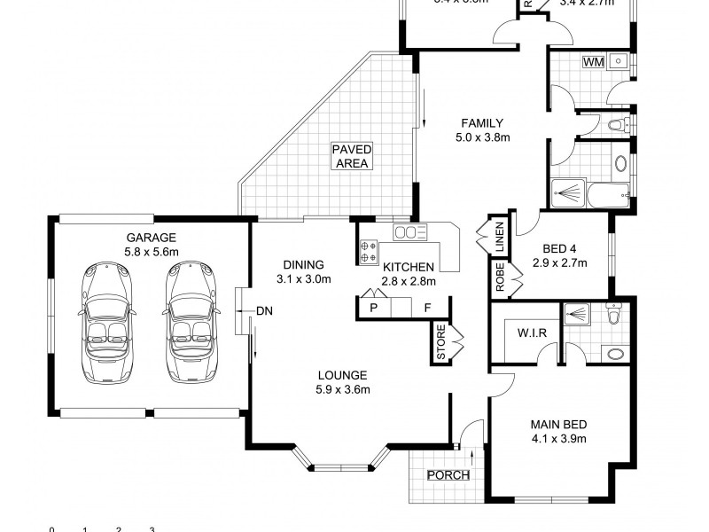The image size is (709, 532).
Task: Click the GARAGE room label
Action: (x=151, y=238)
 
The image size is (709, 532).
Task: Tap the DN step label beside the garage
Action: (x=264, y=310)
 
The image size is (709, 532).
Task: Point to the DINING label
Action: (x=303, y=264)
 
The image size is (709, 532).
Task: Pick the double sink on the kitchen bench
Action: (x=411, y=233)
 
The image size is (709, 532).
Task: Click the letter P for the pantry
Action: (x=374, y=308)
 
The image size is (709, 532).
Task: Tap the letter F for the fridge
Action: (x=427, y=308)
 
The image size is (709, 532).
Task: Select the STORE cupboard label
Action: (x=441, y=343)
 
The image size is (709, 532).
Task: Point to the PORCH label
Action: (x=448, y=474)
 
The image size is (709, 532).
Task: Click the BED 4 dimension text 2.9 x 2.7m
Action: (x=559, y=263)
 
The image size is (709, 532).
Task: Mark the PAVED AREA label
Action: (x=352, y=156)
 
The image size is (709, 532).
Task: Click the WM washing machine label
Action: (x=593, y=62)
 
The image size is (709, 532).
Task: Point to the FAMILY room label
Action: (x=481, y=123)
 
